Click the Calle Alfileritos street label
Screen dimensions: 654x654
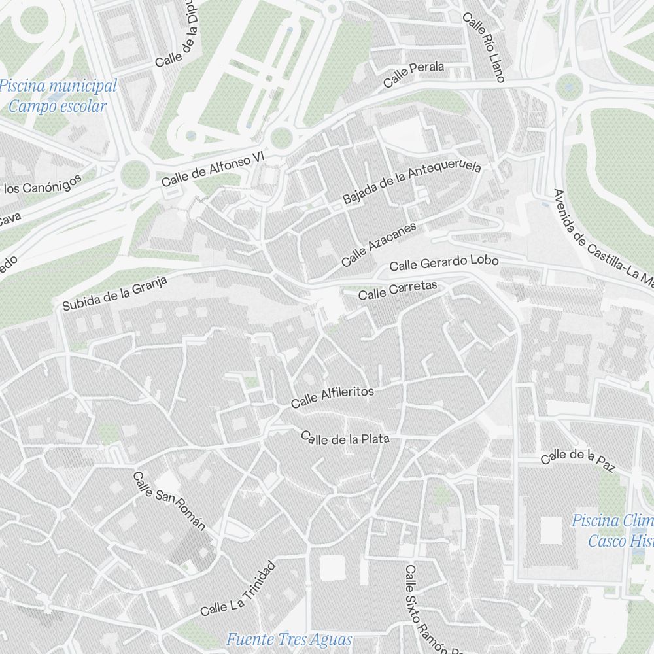[332, 397]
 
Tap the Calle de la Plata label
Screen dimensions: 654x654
[345, 438]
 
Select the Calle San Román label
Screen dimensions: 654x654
[169, 502]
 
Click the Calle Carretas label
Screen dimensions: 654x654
[397, 290]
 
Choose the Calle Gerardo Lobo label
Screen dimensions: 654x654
[443, 263]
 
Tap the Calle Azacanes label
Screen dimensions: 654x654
[378, 245]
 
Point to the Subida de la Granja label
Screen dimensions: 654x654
[115, 293]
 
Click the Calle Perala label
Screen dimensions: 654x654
[413, 75]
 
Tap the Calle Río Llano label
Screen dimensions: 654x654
[483, 46]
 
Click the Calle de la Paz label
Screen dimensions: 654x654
[578, 458]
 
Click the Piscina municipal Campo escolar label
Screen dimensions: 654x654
[59, 95]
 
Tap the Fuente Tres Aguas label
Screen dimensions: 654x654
[289, 639]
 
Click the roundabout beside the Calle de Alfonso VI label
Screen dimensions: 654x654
[133, 174]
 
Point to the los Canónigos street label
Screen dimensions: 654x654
[43, 184]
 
